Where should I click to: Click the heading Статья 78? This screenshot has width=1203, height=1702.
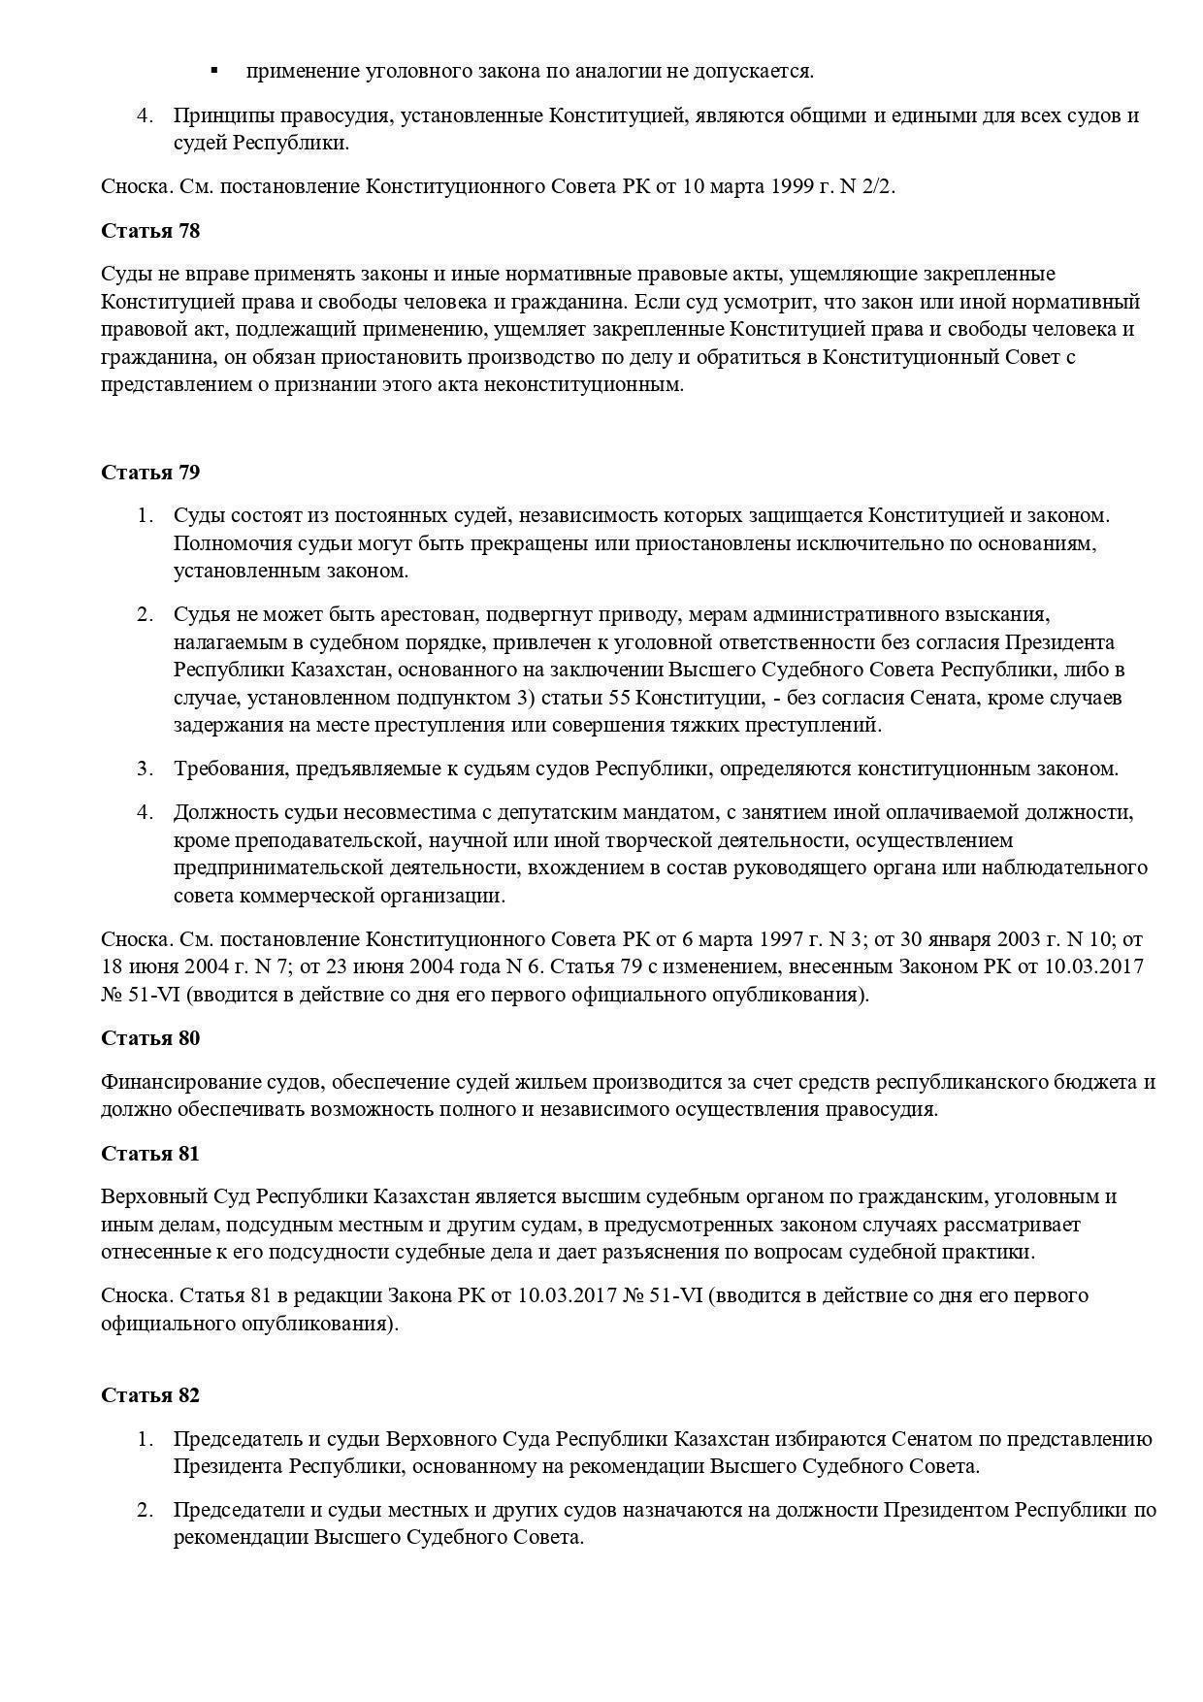(150, 231)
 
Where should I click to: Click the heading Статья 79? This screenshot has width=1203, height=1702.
(150, 473)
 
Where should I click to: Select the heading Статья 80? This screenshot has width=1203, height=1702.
(150, 1038)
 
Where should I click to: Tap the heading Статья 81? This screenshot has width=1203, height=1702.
(150, 1154)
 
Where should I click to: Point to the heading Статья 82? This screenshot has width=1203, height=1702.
(150, 1395)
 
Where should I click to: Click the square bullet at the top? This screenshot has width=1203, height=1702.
(214, 71)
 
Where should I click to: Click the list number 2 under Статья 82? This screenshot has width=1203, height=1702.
(145, 1511)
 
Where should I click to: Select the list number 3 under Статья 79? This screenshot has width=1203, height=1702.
(145, 769)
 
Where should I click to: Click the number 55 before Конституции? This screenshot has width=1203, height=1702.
(620, 698)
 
